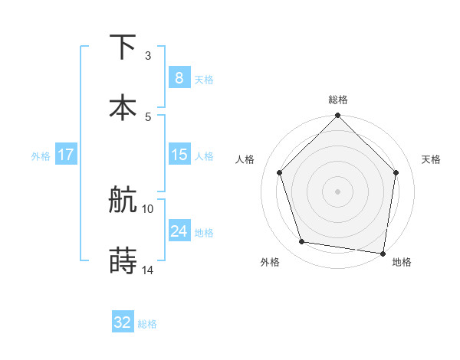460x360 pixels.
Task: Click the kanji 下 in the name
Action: coord(123,47)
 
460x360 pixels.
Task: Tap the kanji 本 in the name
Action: coord(123,106)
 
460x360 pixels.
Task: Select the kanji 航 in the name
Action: coord(123,201)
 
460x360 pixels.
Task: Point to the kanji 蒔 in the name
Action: coord(123,261)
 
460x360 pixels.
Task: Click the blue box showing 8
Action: coord(179,77)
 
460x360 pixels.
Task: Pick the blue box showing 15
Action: coord(179,155)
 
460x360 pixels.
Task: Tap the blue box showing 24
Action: coord(179,231)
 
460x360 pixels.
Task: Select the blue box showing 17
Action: coord(65,155)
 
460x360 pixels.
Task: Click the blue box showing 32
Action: coord(123,322)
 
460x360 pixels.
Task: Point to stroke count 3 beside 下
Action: coord(148,55)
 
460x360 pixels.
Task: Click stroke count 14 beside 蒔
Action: coord(148,270)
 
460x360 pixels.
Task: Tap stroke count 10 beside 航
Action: coord(148,208)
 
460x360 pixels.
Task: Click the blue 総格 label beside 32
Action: coord(147,324)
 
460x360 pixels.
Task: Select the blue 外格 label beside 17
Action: coord(41,156)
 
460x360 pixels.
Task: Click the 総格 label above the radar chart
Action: coord(337,100)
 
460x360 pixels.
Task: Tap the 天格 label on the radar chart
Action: coord(431,159)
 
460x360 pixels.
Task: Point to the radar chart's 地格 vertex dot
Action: coord(383,253)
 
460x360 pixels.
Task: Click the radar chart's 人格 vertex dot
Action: coord(279,172)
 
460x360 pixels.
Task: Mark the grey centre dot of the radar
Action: coord(337,191)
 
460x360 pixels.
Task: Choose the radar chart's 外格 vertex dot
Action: coord(302,242)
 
